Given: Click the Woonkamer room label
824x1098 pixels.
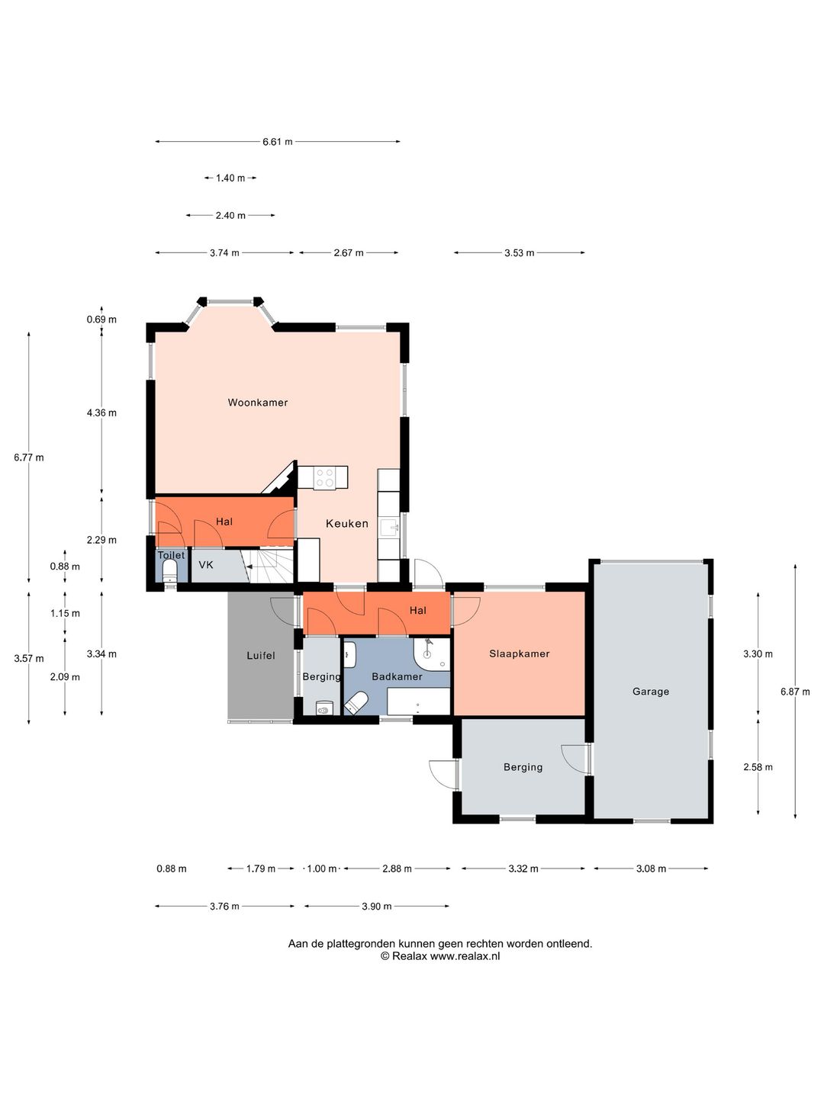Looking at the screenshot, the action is [258, 402].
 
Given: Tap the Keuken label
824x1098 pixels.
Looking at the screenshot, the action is [346, 523].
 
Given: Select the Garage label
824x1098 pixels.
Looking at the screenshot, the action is [650, 692].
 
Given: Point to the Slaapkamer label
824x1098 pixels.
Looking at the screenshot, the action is [520, 653].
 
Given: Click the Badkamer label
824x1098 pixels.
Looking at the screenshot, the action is [397, 676].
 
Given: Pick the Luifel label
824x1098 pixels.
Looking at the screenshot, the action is [261, 655].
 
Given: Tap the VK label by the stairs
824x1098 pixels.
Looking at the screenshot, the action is [206, 565].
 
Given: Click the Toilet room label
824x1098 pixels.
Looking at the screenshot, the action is [171, 555].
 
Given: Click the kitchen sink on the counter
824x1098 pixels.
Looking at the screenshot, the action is [389, 527].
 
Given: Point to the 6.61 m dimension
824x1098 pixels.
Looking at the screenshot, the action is [278, 142].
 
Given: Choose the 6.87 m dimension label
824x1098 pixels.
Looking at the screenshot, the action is [795, 692].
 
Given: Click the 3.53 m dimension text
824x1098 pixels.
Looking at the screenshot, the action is [520, 252].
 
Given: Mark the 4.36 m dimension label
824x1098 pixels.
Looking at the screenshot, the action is [101, 413].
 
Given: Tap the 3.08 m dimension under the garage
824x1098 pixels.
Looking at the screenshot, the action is [651, 868].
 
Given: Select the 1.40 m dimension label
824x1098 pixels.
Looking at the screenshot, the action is [230, 178].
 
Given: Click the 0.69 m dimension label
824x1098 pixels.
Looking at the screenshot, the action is [101, 319].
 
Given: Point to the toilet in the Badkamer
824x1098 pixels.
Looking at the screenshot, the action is [356, 702].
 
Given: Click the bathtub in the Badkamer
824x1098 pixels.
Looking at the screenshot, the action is [419, 701].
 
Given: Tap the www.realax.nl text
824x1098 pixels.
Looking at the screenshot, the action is [465, 956].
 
